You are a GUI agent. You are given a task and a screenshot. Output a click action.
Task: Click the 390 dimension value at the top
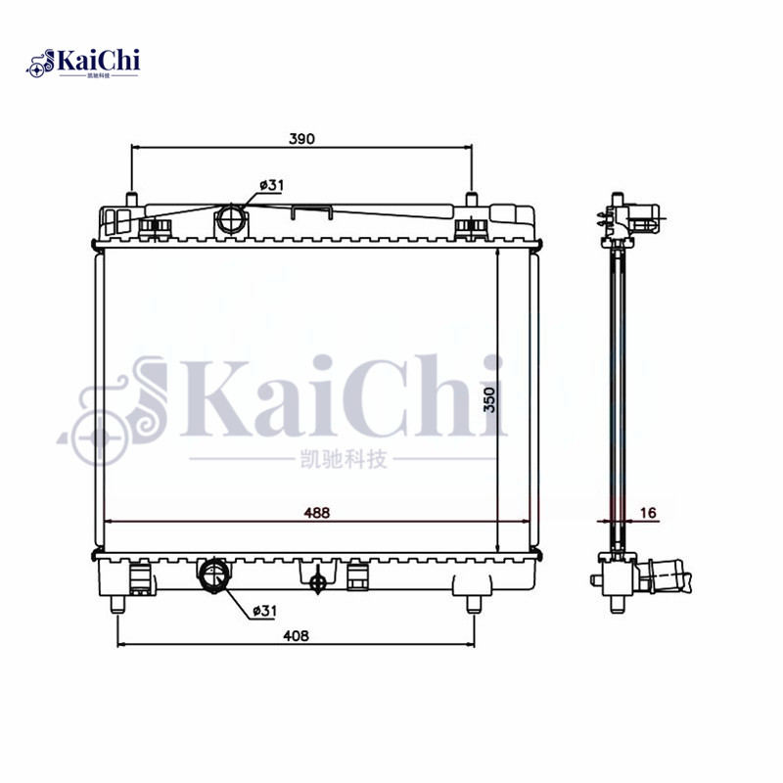[x=300, y=139]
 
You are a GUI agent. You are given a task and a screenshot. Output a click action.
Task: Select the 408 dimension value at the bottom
[x=297, y=635]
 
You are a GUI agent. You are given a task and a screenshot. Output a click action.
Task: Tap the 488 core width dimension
[x=315, y=512]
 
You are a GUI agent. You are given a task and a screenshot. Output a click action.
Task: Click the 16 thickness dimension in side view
[x=648, y=512]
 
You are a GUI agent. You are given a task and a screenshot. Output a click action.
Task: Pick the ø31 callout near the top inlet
[x=271, y=184]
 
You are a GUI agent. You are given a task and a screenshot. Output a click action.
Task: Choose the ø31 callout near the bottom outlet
[x=265, y=610]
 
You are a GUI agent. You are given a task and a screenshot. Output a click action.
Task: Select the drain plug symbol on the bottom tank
[x=317, y=582]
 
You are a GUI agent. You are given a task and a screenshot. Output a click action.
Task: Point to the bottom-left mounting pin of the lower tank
[x=117, y=603]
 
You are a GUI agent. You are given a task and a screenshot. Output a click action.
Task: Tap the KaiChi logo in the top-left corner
[x=86, y=62]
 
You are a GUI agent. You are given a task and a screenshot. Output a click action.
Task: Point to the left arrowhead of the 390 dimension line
[x=135, y=149]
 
